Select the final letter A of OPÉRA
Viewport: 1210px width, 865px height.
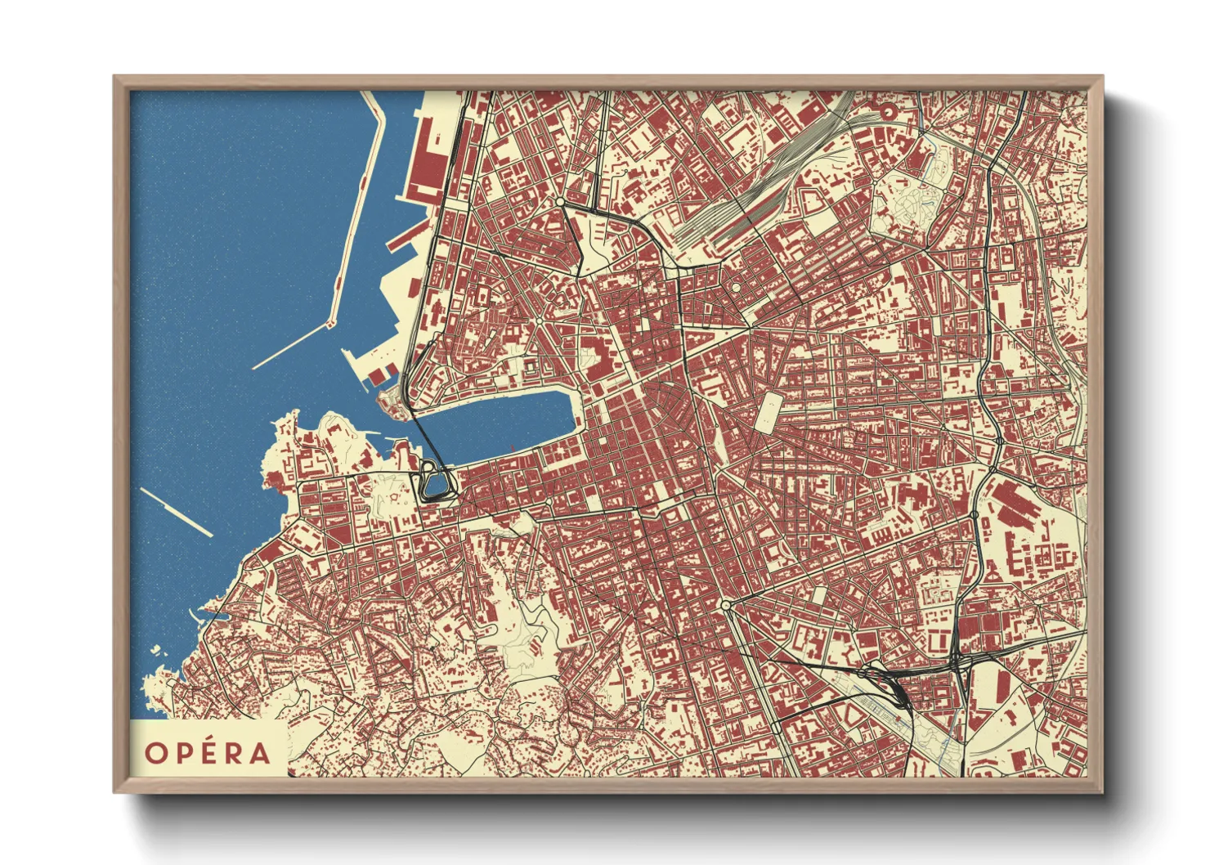[x=260, y=753]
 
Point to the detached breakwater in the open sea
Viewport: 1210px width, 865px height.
[x=176, y=513]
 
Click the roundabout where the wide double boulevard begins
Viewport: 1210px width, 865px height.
[x=726, y=606]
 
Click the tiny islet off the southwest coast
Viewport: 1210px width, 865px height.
[x=155, y=651]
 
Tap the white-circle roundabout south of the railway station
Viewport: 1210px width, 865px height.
[x=736, y=288]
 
